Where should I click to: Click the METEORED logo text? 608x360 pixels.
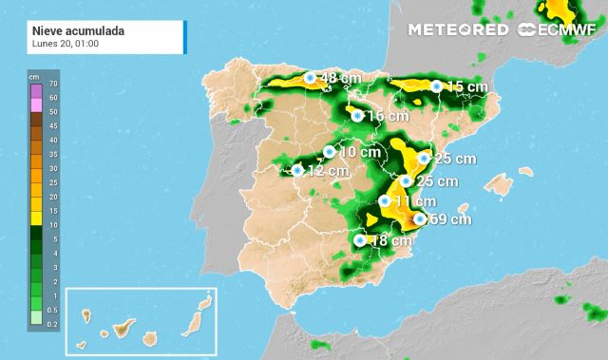click(x=457, y=29)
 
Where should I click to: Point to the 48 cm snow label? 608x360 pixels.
click(x=339, y=78)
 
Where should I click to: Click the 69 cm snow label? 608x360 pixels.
click(x=451, y=219)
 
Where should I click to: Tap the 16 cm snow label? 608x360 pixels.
click(x=387, y=116)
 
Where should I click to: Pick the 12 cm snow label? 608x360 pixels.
click(x=328, y=171)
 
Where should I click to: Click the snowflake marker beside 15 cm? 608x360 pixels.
click(x=436, y=86)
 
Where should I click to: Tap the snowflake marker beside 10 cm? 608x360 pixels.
click(x=329, y=151)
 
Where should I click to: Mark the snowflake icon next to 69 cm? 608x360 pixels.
click(x=419, y=219)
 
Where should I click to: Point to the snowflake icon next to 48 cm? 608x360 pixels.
click(x=309, y=78)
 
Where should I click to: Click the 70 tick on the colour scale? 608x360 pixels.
click(x=54, y=83)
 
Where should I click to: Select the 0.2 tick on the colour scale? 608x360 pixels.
click(x=54, y=324)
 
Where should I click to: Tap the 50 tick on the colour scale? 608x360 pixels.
click(x=54, y=111)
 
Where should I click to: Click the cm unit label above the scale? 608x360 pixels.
click(x=34, y=74)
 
